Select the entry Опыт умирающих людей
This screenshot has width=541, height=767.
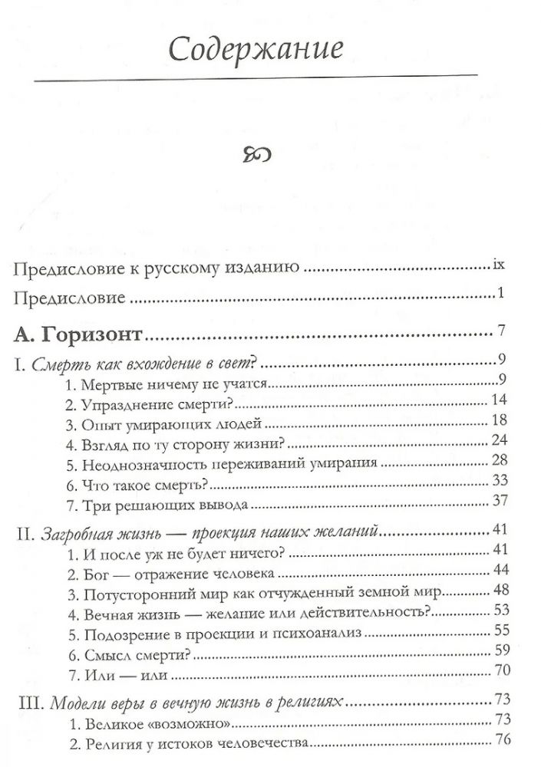[165, 423]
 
